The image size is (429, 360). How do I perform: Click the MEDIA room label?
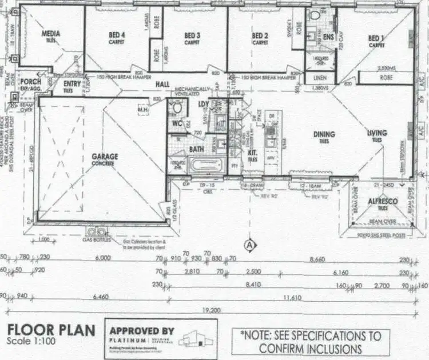pyautogui.click(x=51, y=34)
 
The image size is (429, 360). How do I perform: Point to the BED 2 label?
pyautogui.click(x=260, y=35)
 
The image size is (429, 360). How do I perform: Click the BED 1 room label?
pyautogui.click(x=376, y=38)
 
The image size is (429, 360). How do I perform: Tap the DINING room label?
pyautogui.click(x=324, y=135)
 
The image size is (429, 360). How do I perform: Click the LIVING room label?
pyautogui.click(x=377, y=133)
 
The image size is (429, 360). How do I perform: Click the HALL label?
pyautogui.click(x=163, y=84)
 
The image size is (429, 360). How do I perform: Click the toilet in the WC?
pyautogui.click(x=177, y=107)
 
